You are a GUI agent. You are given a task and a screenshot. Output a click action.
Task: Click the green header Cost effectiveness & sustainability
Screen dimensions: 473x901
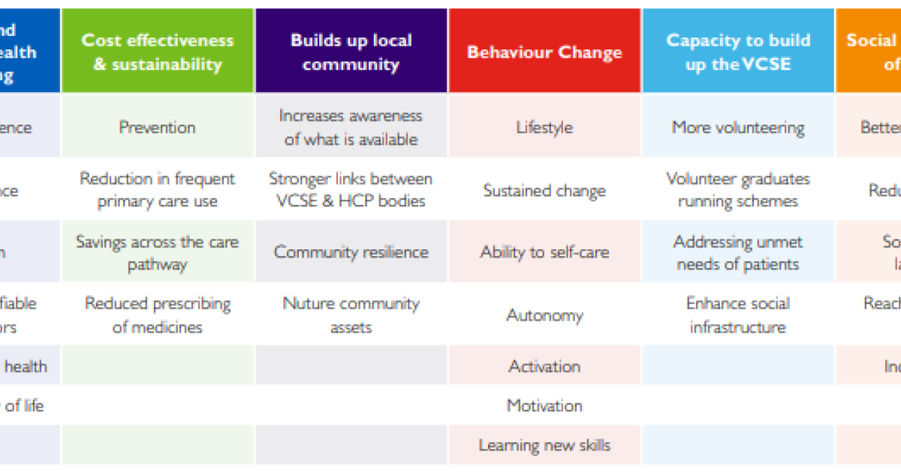click(x=158, y=52)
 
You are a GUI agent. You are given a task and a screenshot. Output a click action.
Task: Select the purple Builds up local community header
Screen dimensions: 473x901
click(x=351, y=52)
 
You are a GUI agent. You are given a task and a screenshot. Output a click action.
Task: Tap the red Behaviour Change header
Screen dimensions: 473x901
click(x=544, y=52)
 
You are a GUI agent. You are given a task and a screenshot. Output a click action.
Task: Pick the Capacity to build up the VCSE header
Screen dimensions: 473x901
click(x=738, y=52)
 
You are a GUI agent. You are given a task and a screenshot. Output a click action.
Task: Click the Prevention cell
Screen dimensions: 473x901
click(x=158, y=127)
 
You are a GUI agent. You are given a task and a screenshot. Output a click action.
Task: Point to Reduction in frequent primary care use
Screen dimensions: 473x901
click(x=158, y=190)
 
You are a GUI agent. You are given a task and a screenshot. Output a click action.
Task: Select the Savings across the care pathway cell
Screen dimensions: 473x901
click(x=158, y=253)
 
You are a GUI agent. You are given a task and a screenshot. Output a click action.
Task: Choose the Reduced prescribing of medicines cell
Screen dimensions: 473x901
click(x=158, y=315)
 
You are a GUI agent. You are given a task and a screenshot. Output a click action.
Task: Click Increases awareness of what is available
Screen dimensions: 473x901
click(x=351, y=127)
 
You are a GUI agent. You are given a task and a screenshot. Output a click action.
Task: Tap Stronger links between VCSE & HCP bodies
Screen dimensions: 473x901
click(x=351, y=190)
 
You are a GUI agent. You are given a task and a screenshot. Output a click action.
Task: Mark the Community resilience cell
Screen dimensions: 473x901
click(x=351, y=252)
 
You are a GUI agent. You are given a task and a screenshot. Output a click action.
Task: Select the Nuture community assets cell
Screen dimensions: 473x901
click(x=351, y=315)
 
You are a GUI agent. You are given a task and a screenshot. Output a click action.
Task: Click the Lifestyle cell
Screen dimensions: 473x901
click(x=544, y=127)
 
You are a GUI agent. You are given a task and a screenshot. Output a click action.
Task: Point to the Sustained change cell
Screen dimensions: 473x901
click(x=544, y=190)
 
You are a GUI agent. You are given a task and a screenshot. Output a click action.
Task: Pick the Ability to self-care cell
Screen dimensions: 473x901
click(x=544, y=252)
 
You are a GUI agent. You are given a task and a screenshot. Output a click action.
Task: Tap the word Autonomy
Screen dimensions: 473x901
click(x=544, y=315)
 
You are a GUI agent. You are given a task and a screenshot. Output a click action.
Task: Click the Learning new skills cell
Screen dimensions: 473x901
click(x=544, y=445)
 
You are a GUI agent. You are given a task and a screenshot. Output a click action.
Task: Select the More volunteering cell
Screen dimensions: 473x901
click(x=738, y=127)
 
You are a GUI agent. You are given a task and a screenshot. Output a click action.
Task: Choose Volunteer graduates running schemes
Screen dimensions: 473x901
click(x=738, y=190)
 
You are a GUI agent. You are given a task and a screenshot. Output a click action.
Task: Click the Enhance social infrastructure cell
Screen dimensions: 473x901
click(x=738, y=315)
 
